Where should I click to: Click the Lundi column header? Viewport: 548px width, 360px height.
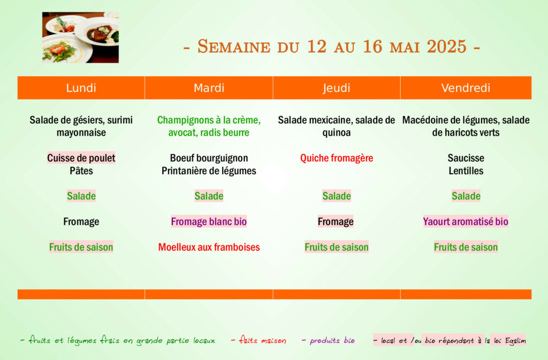tap(81, 88)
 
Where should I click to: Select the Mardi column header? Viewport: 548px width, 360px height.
tap(209, 88)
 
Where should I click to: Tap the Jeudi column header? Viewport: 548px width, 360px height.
tap(337, 88)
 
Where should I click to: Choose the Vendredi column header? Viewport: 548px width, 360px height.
tap(466, 88)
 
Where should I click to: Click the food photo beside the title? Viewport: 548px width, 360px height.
tap(80, 37)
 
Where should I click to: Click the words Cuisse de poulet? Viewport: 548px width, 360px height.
tap(81, 158)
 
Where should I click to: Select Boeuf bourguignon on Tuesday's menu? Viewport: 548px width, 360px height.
tap(209, 158)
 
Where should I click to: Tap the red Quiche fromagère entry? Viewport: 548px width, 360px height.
tap(337, 158)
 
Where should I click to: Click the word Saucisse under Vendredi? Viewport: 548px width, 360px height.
tap(466, 158)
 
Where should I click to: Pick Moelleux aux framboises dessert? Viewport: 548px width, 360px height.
tap(209, 247)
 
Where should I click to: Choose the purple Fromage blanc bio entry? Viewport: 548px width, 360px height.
tap(209, 222)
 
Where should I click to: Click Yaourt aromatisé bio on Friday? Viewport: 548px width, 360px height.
tap(466, 222)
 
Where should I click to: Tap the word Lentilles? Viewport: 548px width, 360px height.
tap(466, 171)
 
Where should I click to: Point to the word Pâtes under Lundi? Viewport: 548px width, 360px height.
tap(81, 171)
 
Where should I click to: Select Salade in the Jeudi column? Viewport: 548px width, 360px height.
tap(337, 196)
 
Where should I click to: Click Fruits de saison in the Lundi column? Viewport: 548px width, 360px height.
tap(81, 247)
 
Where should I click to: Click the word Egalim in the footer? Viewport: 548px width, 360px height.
tap(515, 341)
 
